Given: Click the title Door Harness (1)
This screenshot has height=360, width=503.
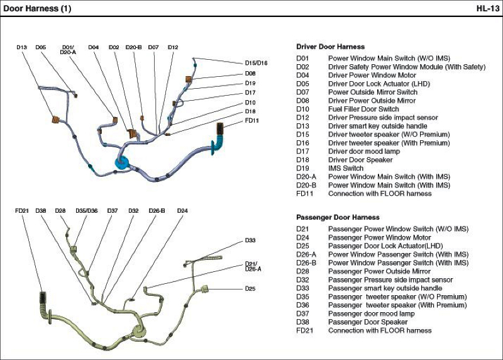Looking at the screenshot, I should [38, 9].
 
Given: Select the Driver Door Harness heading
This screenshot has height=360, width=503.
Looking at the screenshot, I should [330, 47].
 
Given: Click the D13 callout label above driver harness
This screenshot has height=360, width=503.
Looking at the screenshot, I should [21, 47].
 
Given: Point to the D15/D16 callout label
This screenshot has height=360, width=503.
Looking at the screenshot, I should [256, 64].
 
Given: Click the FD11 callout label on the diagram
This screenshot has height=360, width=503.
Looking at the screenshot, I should [251, 120].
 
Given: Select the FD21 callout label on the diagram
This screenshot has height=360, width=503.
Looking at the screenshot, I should [21, 210].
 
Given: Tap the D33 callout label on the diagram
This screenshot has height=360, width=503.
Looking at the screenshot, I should [250, 240].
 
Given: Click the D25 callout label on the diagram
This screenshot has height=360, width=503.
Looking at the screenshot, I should [250, 289].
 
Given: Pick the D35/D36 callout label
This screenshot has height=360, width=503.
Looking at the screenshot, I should [87, 210].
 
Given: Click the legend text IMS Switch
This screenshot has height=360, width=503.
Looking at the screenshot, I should [346, 168].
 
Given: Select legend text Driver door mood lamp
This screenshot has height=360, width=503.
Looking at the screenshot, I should [365, 151].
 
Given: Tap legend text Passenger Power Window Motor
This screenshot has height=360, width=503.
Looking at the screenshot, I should [379, 237].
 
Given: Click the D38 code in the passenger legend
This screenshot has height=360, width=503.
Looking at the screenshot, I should [302, 322].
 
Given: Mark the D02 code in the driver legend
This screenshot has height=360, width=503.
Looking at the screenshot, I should [302, 67].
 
